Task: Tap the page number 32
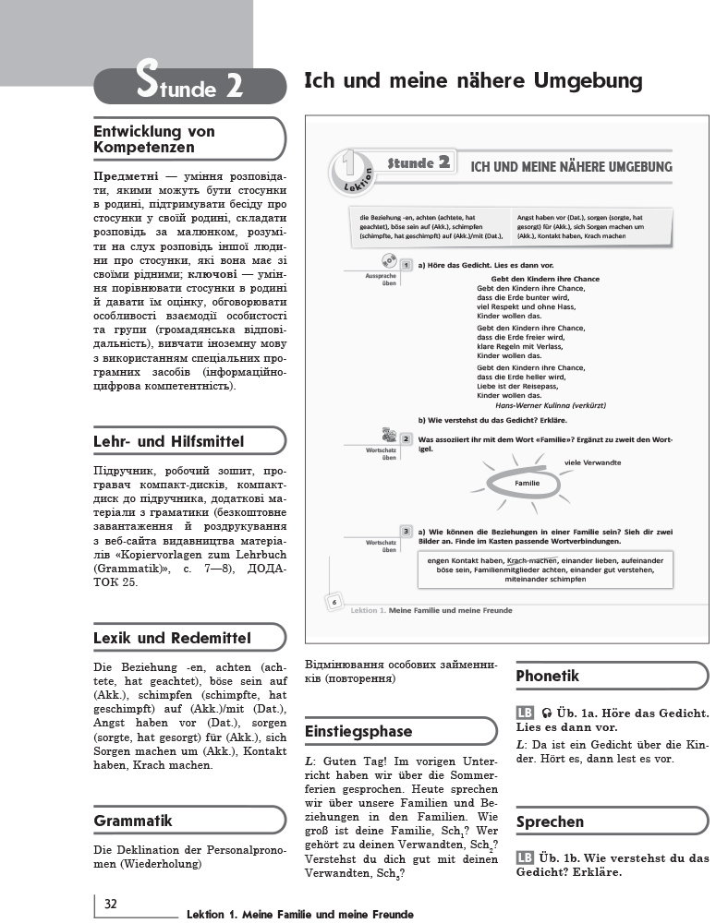[110, 903]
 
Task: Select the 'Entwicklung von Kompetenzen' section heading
[153, 139]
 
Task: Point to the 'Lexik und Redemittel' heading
[173, 638]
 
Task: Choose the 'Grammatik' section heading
[133, 821]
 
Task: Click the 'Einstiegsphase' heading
[358, 731]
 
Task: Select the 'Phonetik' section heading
[548, 676]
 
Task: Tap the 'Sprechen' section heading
[551, 821]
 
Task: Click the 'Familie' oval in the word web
[527, 484]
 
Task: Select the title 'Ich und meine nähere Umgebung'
[473, 81]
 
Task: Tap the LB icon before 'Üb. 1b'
[525, 857]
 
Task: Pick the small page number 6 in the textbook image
[332, 603]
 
